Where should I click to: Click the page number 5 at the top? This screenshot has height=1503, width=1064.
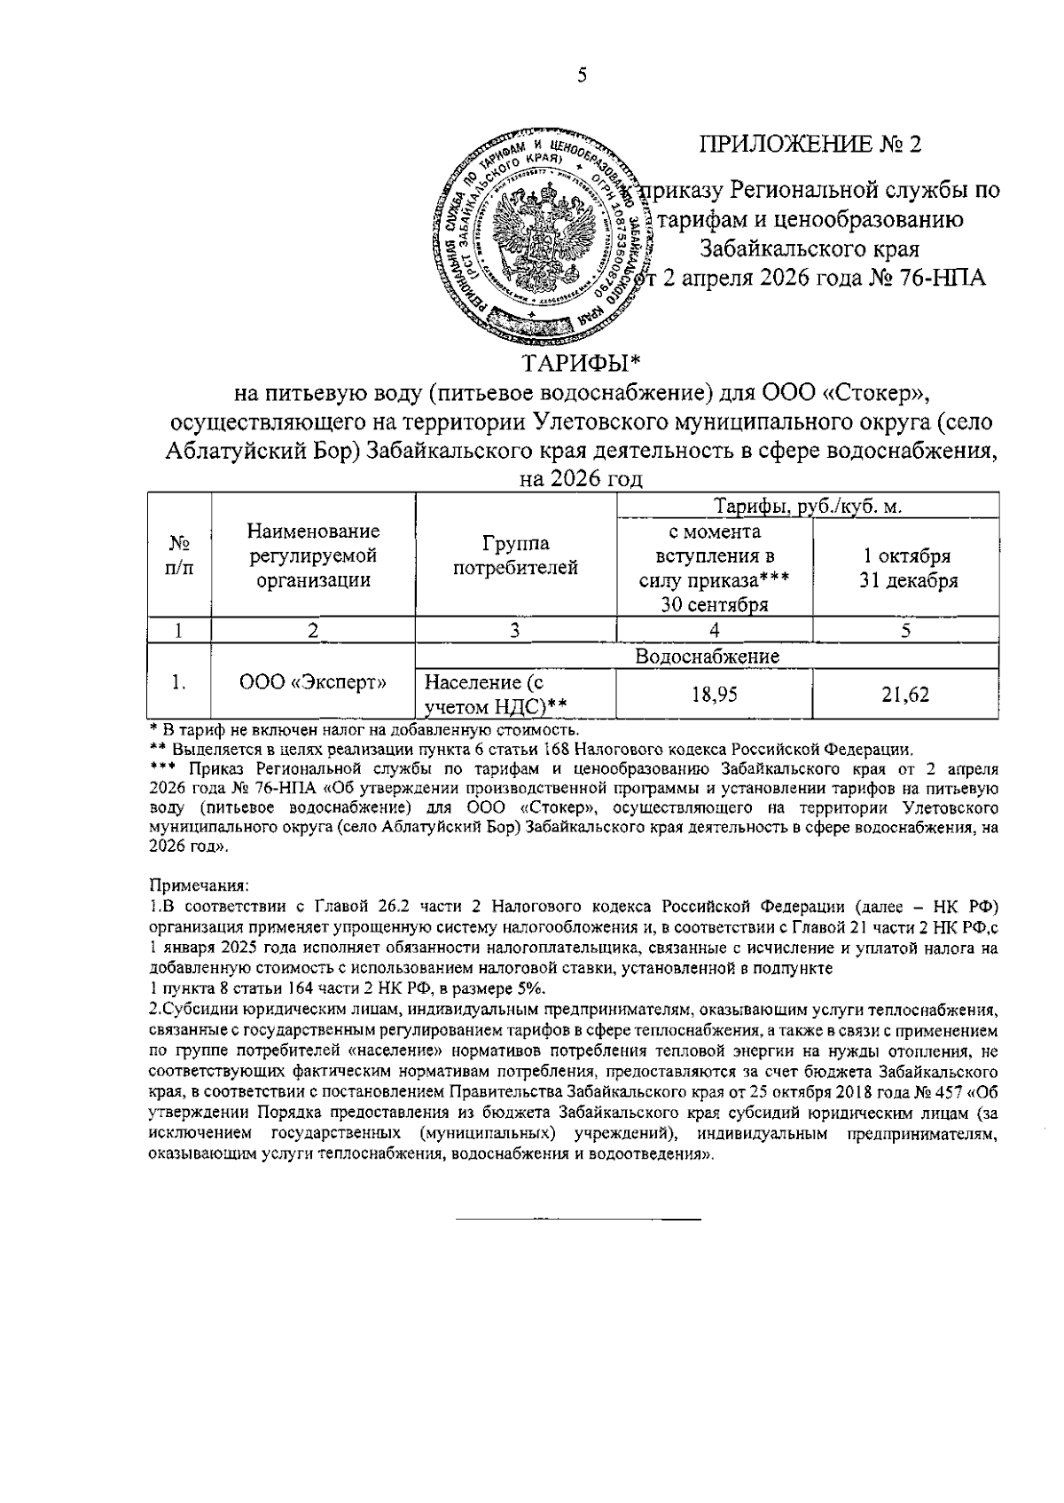pyautogui.click(x=583, y=75)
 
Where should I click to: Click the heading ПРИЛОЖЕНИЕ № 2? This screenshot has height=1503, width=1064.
pyautogui.click(x=810, y=145)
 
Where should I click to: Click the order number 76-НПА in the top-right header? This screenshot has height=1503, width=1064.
pyautogui.click(x=942, y=277)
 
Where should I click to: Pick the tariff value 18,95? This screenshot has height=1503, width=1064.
pyautogui.click(x=714, y=695)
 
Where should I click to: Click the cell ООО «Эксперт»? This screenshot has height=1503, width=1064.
pyautogui.click(x=313, y=682)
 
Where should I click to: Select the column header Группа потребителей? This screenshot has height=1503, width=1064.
pyautogui.click(x=516, y=556)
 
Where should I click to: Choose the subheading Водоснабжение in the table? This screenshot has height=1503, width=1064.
pyautogui.click(x=707, y=657)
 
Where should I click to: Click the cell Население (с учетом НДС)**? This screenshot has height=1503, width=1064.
pyautogui.click(x=496, y=695)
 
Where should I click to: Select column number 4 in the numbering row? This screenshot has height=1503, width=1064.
pyautogui.click(x=714, y=631)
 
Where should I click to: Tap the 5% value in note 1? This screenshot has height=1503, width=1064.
pyautogui.click(x=531, y=989)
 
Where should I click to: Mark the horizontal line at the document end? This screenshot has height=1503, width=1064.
pyautogui.click(x=577, y=1220)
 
